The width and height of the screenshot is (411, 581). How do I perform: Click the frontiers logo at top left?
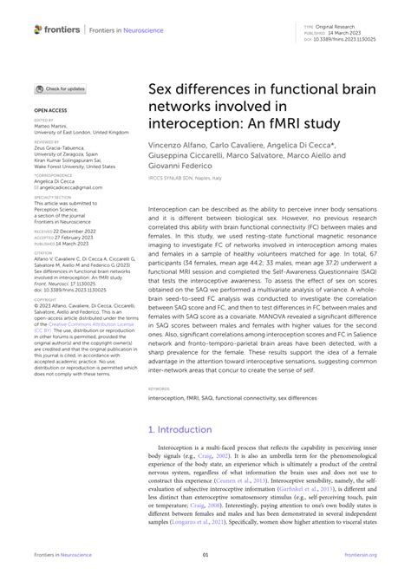pos(57,29)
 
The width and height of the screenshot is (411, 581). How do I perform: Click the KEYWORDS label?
pos(160,389)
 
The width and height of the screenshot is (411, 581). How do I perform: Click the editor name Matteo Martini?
pos(54,127)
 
